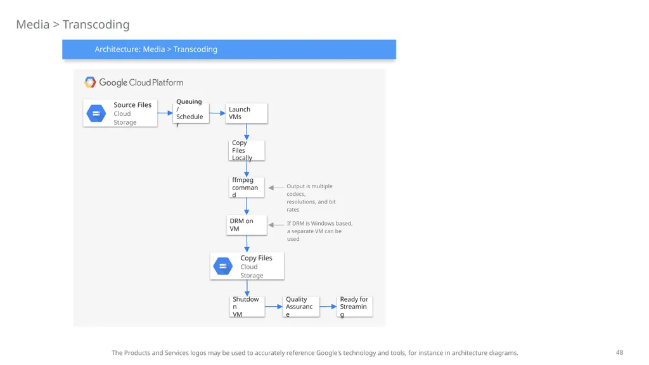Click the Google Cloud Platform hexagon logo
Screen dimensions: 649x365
(x=90, y=82)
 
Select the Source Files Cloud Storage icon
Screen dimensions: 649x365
(x=96, y=113)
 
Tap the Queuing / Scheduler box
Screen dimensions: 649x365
(x=191, y=113)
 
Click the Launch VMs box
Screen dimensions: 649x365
(x=247, y=113)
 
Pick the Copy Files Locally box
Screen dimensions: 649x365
(x=247, y=150)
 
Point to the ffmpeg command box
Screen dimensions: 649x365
(x=247, y=188)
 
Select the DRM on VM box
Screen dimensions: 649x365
(x=247, y=225)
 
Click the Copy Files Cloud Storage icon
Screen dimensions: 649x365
(x=223, y=266)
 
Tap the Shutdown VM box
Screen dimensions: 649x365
(x=247, y=307)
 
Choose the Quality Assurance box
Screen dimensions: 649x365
(x=301, y=307)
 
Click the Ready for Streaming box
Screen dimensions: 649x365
(x=355, y=307)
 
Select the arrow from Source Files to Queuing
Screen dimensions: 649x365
(x=165, y=113)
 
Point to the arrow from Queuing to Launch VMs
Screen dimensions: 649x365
(x=217, y=113)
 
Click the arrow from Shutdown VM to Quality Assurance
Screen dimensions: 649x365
(x=274, y=307)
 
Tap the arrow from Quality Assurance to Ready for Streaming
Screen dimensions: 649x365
(x=328, y=307)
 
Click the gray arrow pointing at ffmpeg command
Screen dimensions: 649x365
(x=276, y=188)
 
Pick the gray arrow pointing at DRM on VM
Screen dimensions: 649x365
(x=276, y=225)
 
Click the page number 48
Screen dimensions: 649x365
(x=619, y=352)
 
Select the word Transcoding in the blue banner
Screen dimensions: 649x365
(x=195, y=49)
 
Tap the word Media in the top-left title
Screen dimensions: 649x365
(x=33, y=25)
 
